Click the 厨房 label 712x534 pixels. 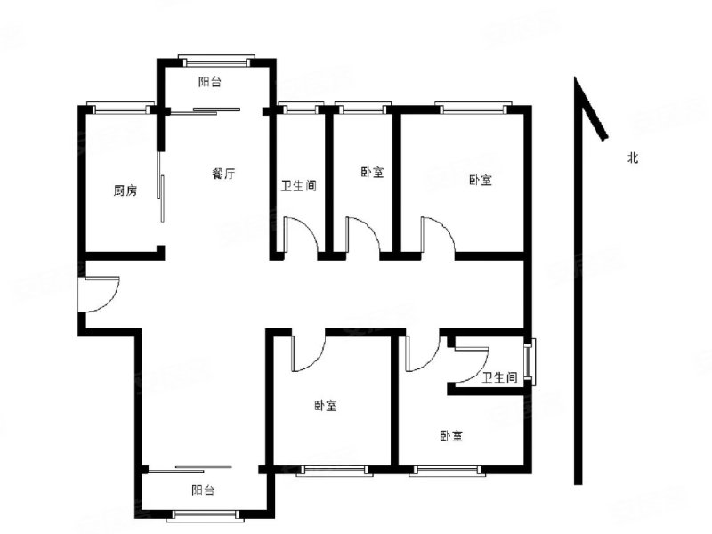click(x=125, y=190)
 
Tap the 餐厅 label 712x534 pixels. click(x=223, y=174)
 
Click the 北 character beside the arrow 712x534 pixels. click(x=633, y=158)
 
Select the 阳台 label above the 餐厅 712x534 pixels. click(x=210, y=82)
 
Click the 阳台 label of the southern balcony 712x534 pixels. click(x=203, y=489)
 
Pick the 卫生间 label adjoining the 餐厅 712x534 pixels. click(x=298, y=186)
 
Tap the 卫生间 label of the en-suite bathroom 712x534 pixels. click(x=500, y=377)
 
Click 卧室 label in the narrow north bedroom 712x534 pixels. click(x=372, y=173)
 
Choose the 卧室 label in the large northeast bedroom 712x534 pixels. click(x=481, y=180)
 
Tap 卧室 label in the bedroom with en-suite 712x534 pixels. click(x=451, y=436)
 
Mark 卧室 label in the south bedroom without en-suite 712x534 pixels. click(x=326, y=406)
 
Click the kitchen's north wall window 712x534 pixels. click(x=122, y=109)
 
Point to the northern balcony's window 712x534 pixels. click(x=216, y=61)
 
